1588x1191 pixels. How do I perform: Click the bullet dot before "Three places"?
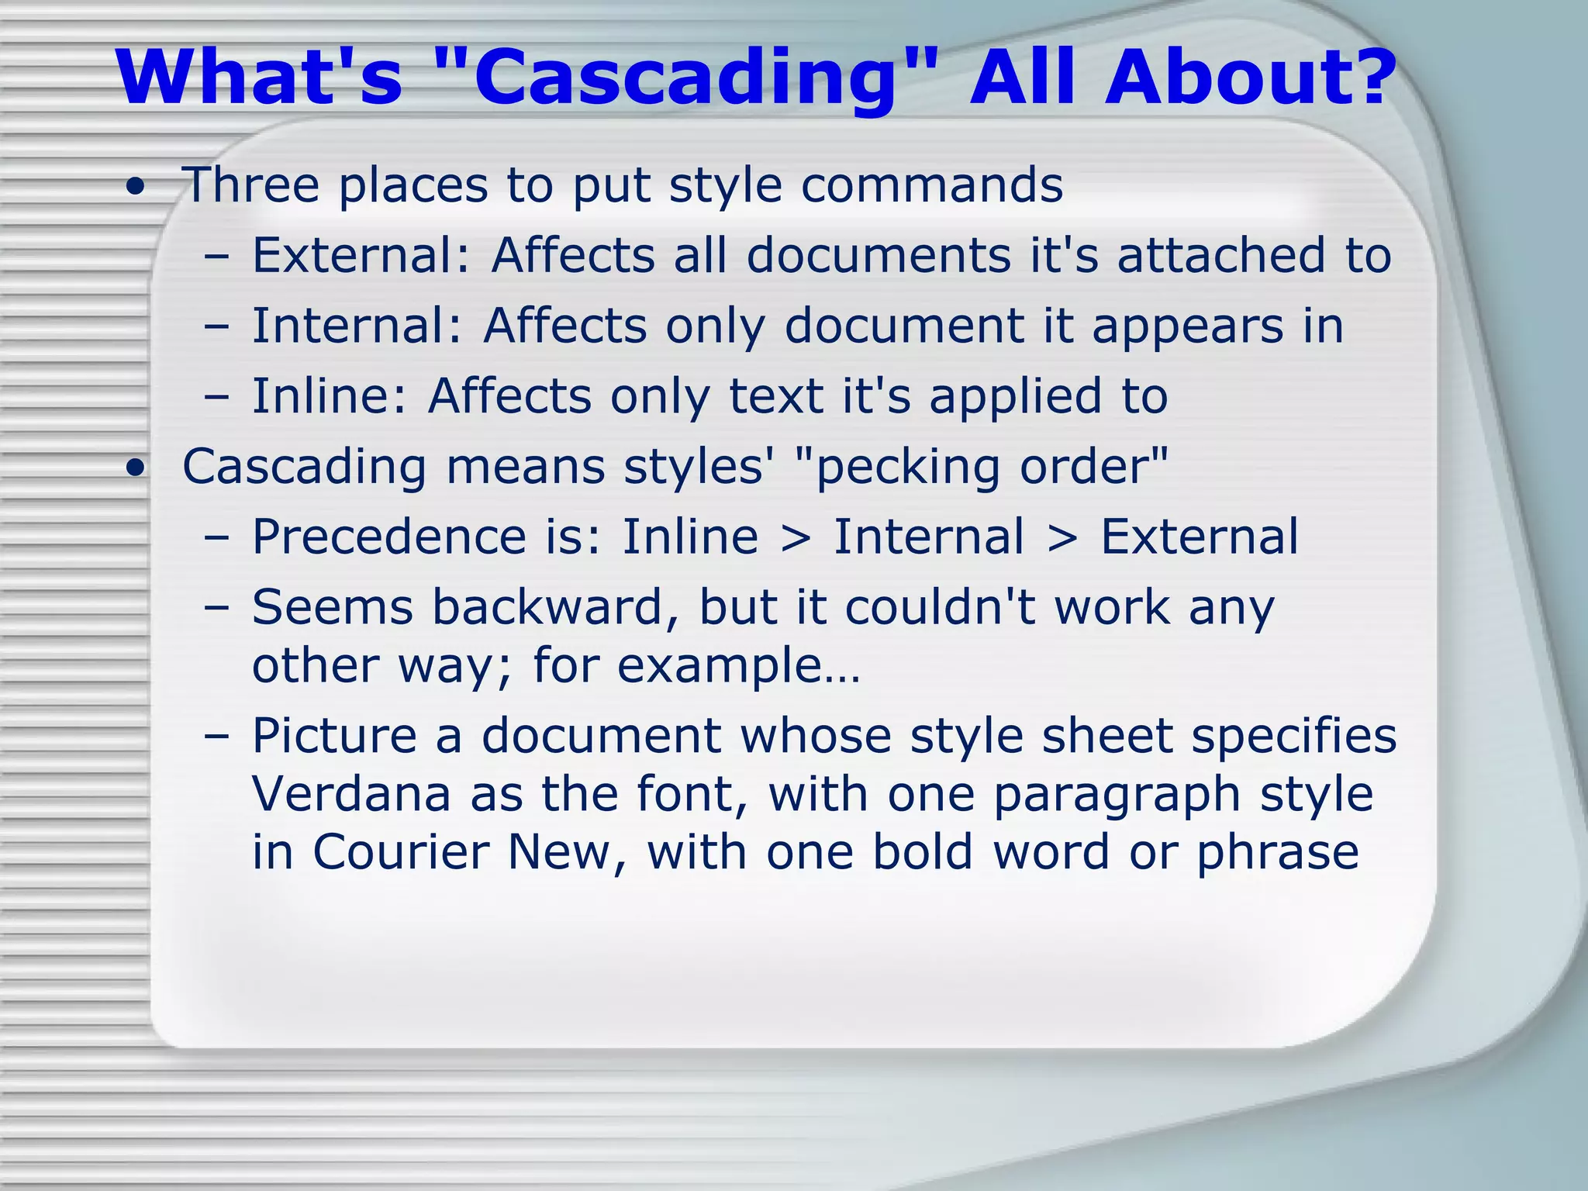pos(136,188)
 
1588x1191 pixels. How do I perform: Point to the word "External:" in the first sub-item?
pos(361,255)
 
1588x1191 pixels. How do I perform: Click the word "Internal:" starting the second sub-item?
pos(357,326)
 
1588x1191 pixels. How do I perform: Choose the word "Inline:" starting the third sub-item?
pos(329,396)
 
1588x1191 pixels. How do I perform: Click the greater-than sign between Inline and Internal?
pos(796,538)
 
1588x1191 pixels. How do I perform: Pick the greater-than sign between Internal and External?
pos(1062,538)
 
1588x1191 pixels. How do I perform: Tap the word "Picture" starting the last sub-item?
pos(334,736)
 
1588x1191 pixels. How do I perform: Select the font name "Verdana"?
pos(351,794)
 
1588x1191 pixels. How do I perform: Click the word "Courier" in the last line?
pos(400,852)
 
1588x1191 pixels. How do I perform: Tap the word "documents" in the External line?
pos(879,255)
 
